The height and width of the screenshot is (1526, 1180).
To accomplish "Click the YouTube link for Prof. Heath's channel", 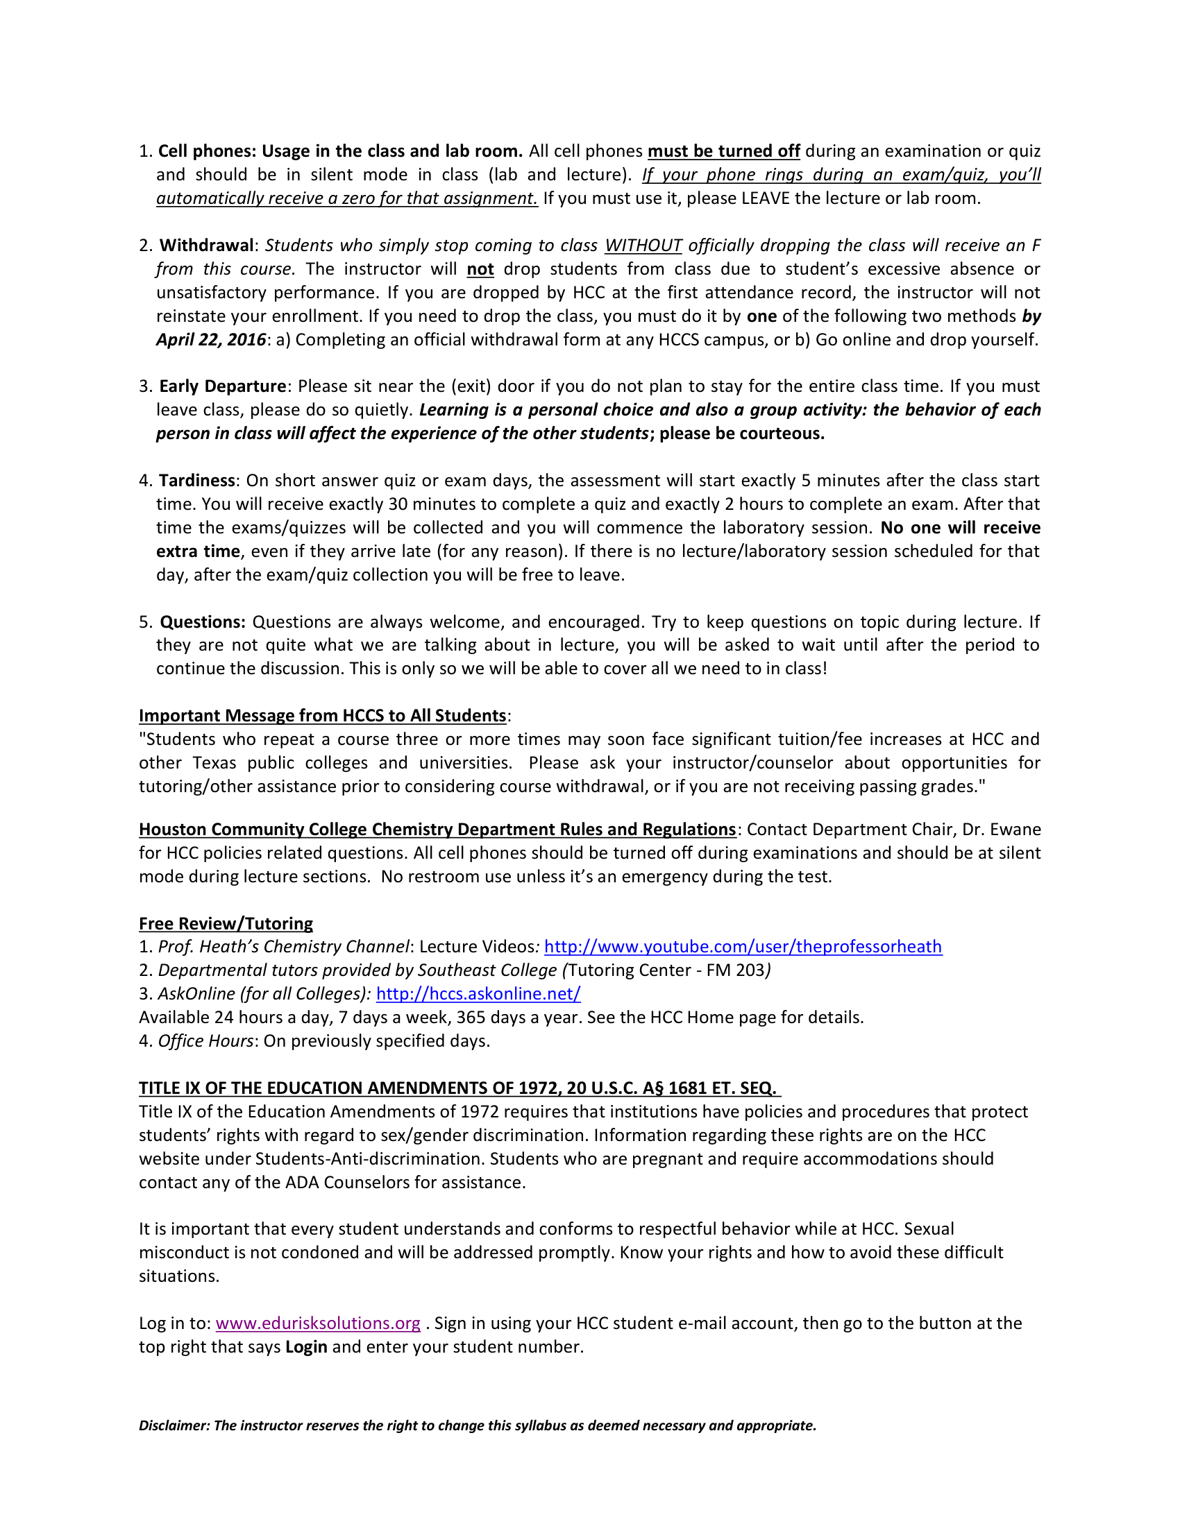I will tap(743, 947).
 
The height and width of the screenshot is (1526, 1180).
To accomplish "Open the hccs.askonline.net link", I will tap(478, 993).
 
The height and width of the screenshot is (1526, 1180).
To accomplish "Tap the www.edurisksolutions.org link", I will tap(318, 1323).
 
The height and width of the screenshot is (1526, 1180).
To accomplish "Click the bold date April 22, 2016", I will tap(210, 341).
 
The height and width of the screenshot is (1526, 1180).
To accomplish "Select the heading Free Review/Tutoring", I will tap(226, 924).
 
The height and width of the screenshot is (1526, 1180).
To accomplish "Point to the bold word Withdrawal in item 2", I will tap(206, 246).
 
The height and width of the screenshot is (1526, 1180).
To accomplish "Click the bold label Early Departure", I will tap(222, 387).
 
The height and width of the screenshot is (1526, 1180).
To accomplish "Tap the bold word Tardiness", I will tap(197, 481).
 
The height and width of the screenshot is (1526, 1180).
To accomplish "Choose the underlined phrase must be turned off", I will tap(723, 152).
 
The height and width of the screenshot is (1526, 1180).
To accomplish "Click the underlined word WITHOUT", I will tap(643, 246).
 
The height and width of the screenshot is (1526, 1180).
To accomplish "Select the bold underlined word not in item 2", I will tap(480, 270).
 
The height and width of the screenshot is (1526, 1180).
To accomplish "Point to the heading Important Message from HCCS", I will tap(322, 717).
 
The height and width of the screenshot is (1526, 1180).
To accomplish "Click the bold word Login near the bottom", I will tap(306, 1347).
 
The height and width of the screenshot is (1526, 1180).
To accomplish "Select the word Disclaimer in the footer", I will tap(174, 1426).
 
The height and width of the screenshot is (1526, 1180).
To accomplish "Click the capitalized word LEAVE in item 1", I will tap(765, 199).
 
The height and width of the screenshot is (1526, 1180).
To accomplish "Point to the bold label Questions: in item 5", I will tap(203, 623).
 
